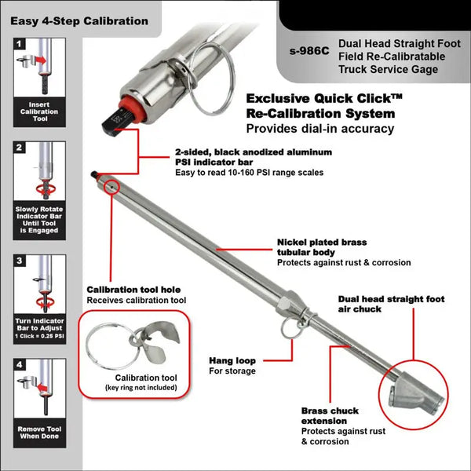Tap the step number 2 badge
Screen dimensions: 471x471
tap(19, 146)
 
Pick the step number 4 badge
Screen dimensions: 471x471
tap(19, 366)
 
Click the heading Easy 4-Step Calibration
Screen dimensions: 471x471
tap(79, 20)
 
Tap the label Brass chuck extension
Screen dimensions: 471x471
tap(330, 416)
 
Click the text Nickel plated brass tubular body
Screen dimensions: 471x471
tap(321, 248)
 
